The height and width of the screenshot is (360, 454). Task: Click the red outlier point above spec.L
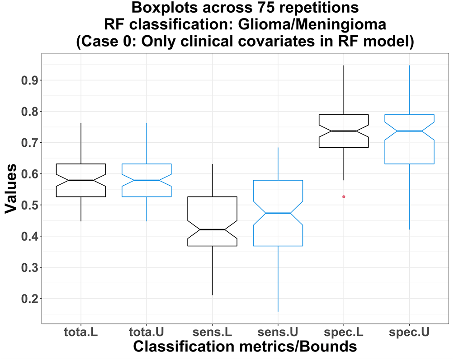(x=344, y=196)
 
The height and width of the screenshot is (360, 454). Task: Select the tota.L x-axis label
(x=81, y=332)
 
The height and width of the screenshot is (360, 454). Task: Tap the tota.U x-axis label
(x=147, y=332)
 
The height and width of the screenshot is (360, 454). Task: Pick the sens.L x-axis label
(x=212, y=332)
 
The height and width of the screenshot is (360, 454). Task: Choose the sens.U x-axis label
(x=278, y=332)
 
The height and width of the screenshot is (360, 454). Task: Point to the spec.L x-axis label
(x=344, y=332)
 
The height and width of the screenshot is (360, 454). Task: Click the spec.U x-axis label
(x=409, y=332)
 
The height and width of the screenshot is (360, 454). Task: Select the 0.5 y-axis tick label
(x=30, y=205)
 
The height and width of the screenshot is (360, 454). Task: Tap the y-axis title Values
(x=11, y=188)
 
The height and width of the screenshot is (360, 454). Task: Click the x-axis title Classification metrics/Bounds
(x=245, y=346)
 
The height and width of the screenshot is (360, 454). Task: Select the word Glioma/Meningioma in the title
(x=312, y=24)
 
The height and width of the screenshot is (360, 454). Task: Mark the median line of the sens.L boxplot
(x=212, y=229)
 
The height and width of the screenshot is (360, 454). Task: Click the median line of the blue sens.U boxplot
(x=278, y=213)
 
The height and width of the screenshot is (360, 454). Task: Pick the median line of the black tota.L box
(x=81, y=180)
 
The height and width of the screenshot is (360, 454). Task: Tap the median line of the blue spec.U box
(x=409, y=131)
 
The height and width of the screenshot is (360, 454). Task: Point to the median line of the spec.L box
(x=344, y=131)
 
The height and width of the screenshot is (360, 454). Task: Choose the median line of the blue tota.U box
(x=147, y=180)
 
